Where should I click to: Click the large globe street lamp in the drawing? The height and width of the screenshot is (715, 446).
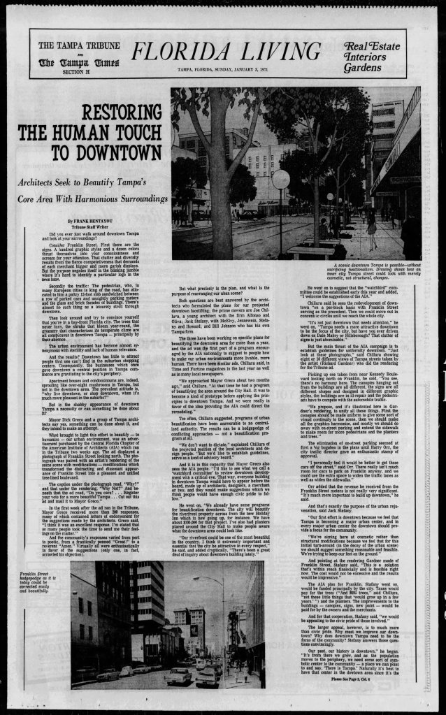(x=280, y=180)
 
